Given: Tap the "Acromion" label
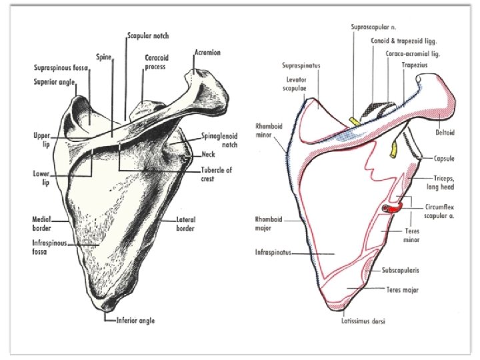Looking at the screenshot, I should coord(208,52).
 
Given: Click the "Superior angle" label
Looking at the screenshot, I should coord(55,82).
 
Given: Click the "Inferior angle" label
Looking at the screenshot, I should coord(135,321).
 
